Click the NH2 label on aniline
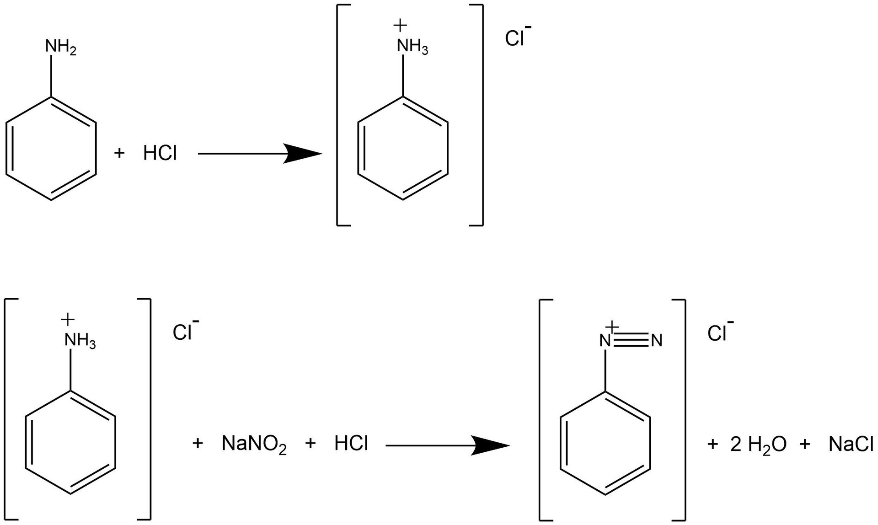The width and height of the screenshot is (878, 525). [60, 48]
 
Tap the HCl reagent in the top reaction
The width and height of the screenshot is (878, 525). [160, 154]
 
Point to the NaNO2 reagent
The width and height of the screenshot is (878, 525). [254, 445]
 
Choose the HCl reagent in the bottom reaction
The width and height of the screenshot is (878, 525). [351, 444]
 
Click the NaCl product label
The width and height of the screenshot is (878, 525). [851, 445]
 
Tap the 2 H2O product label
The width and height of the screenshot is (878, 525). [758, 445]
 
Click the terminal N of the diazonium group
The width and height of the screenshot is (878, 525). [657, 341]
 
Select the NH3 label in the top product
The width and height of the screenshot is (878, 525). [412, 47]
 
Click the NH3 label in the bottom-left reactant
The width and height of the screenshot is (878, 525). [80, 341]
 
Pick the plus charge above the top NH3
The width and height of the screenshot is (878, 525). [400, 26]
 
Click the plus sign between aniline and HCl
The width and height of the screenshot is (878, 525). [119, 153]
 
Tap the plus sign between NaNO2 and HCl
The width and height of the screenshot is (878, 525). [310, 444]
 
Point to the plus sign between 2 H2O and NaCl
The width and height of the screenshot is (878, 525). [805, 444]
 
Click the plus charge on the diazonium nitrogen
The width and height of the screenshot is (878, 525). [612, 327]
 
